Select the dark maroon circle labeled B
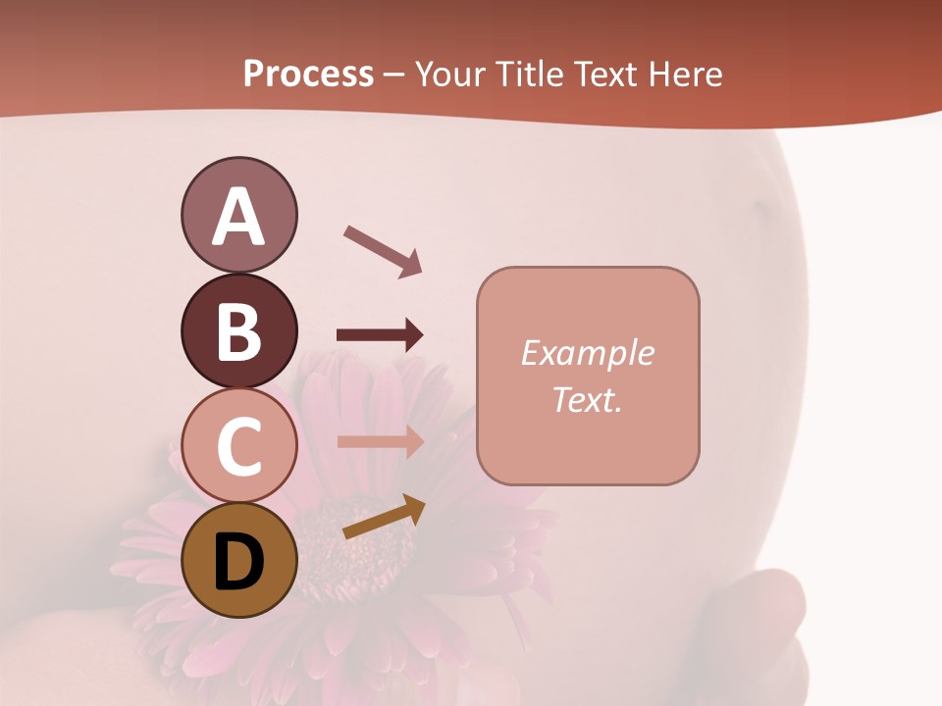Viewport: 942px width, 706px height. (238, 330)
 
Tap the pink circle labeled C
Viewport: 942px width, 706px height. (238, 445)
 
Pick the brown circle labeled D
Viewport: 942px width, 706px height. (238, 560)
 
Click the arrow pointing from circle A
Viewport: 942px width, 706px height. (382, 250)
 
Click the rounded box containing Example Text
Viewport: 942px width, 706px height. (588, 376)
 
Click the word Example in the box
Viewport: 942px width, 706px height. (587, 353)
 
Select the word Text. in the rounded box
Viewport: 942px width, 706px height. (587, 399)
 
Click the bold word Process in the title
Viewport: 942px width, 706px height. (308, 74)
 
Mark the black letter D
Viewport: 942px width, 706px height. (238, 562)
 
